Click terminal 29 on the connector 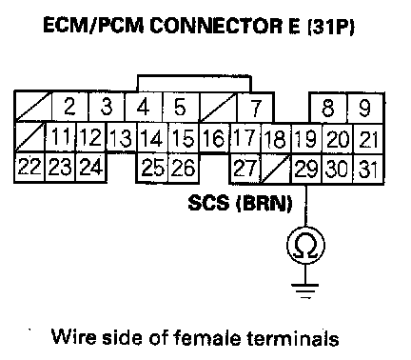click(306, 169)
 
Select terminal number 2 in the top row click(69, 107)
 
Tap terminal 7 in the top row click(256, 108)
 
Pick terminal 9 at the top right click(365, 108)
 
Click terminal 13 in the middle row click(121, 138)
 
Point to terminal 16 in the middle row click(214, 138)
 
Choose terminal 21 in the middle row click(368, 139)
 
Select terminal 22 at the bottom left click(29, 167)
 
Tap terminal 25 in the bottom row click(152, 168)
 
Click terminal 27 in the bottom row click(245, 169)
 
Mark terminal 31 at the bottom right click(368, 170)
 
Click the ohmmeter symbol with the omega click(305, 245)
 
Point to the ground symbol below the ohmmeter click(305, 290)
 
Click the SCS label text click(208, 203)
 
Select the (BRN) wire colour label click(264, 203)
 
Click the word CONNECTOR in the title click(216, 26)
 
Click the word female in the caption click(208, 337)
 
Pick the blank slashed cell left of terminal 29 click(276, 169)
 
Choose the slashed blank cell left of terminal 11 click(30, 136)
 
